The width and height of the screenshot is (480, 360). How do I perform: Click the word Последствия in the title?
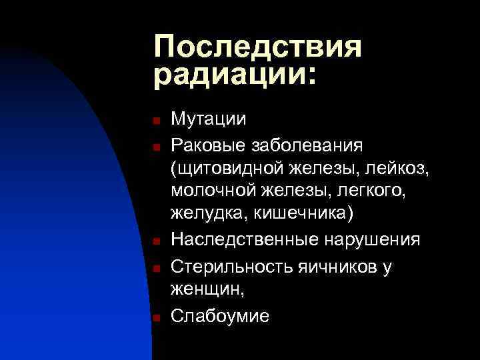257,48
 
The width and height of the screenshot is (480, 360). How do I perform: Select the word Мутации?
209,120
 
